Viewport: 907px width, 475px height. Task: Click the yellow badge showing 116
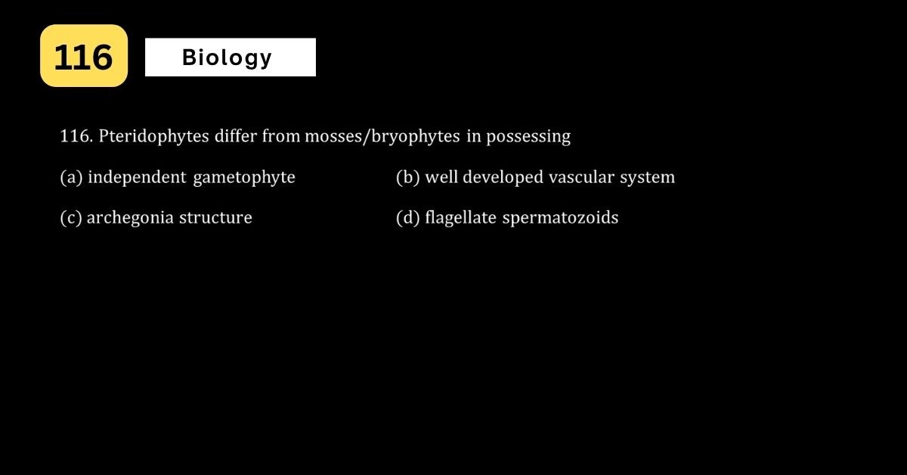coord(84,55)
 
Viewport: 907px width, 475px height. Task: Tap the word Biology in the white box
coord(228,58)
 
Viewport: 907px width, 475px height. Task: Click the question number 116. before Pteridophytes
coord(76,136)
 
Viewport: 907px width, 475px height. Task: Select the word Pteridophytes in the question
coord(154,137)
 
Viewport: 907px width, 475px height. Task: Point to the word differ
coord(236,136)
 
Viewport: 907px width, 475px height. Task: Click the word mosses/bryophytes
coord(382,137)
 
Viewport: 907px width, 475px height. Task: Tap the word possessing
coord(528,137)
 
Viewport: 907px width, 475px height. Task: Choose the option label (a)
coord(71,178)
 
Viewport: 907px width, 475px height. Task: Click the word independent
coord(137,178)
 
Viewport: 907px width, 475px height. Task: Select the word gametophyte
coord(244,178)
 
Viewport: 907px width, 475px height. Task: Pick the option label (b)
coord(407,178)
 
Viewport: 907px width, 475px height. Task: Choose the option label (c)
coord(71,218)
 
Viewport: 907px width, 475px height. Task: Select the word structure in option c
coord(216,218)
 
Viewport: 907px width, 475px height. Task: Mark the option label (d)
coord(407,218)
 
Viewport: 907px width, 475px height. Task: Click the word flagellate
coord(461,218)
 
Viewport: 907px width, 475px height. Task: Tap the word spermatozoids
coord(560,218)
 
